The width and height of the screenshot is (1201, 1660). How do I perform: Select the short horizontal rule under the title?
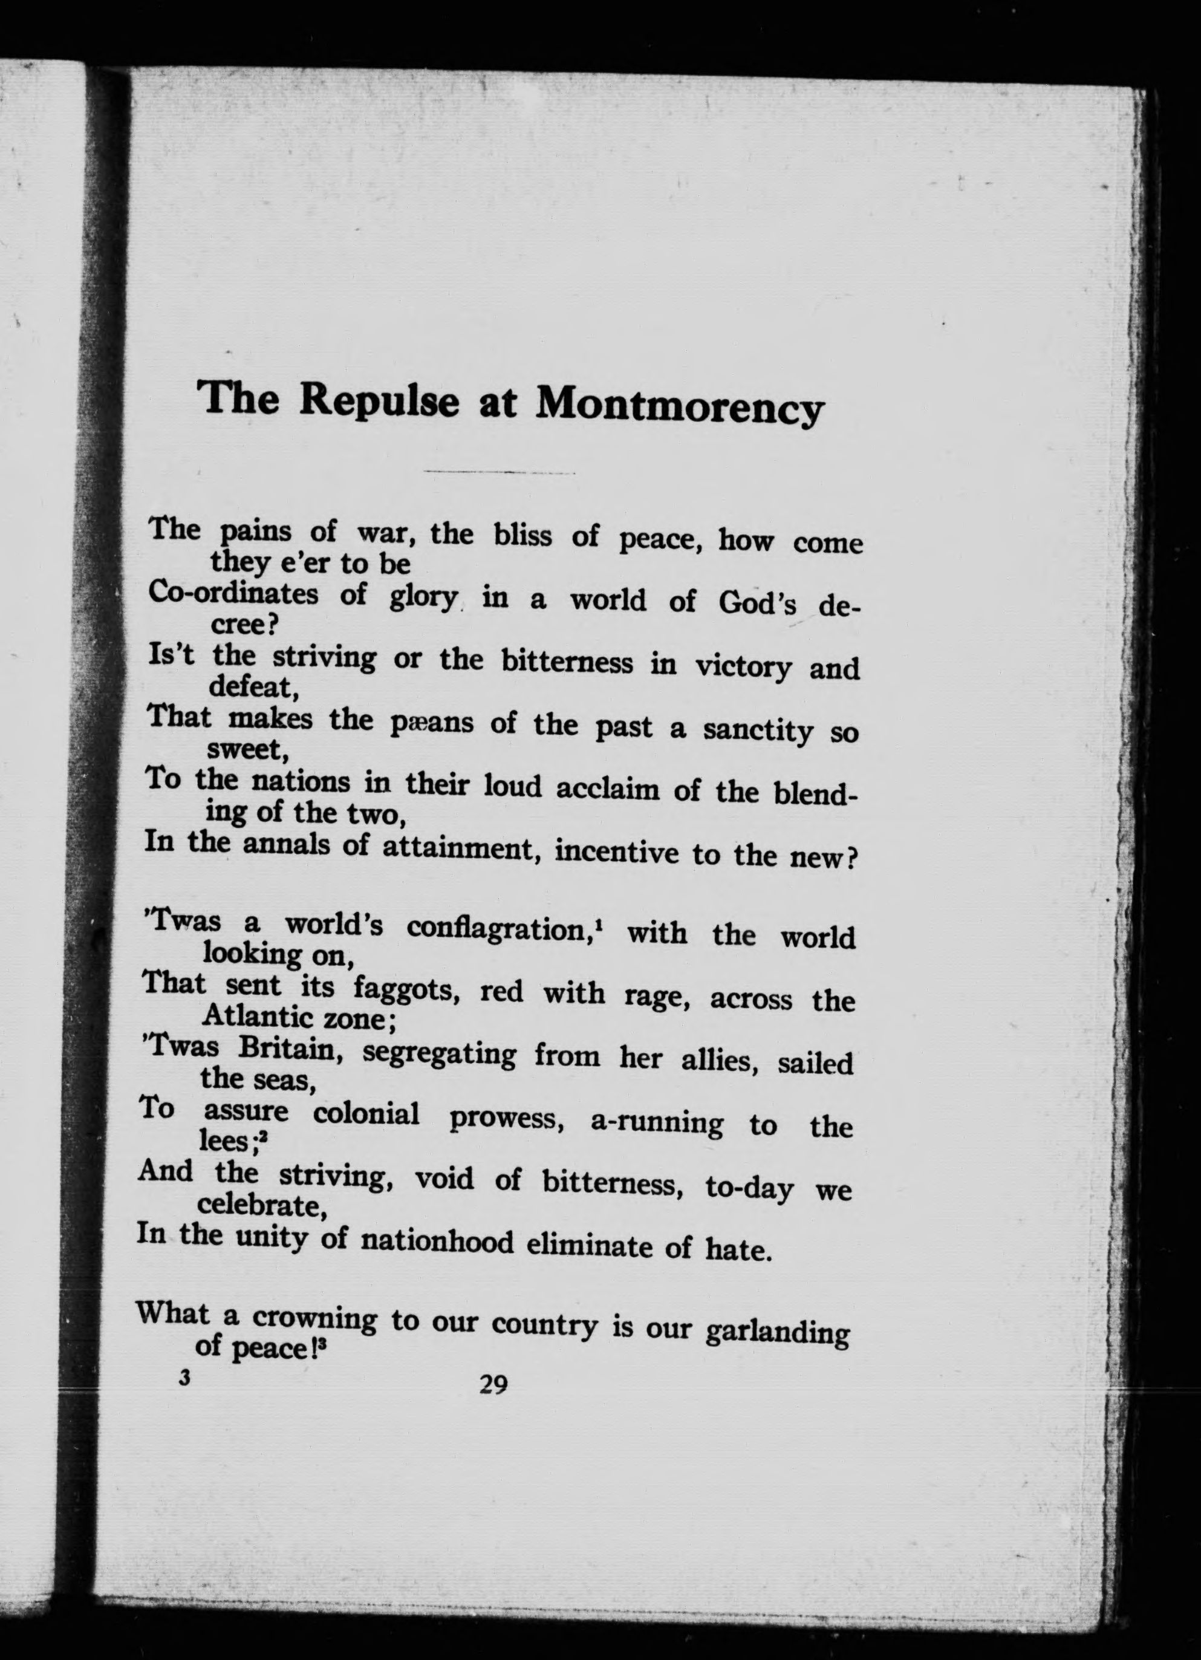(x=499, y=472)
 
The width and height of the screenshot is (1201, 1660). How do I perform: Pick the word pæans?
(x=432, y=723)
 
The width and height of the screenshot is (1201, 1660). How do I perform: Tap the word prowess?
(x=505, y=1118)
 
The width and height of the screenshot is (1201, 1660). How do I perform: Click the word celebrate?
(x=261, y=1205)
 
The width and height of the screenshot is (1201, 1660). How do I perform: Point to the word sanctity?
(x=758, y=731)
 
